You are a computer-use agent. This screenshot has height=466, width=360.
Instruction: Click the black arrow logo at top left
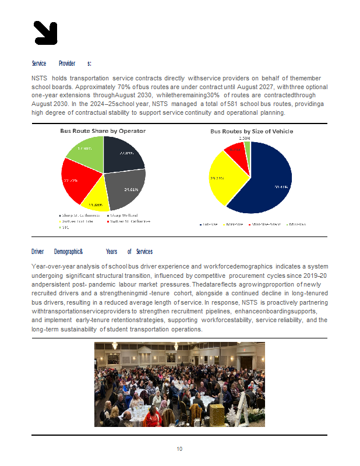pos(45,33)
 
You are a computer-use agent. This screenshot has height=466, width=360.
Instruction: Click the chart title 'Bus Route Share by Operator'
pos(103,131)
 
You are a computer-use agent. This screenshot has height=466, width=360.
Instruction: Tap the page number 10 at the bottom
pos(180,449)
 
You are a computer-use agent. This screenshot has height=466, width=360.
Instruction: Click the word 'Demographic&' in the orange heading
pos(68,252)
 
